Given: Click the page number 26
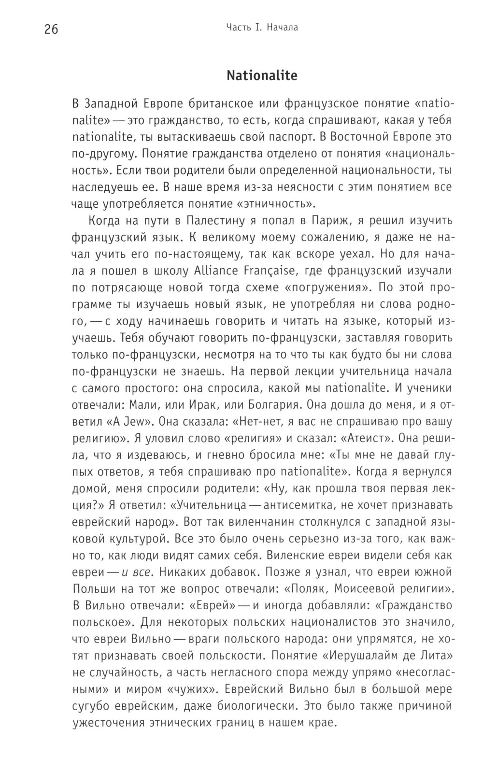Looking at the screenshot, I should pos(51,29).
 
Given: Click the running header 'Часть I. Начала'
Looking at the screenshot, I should pos(262,28).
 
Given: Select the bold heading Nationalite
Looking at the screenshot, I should pos(262,76).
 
